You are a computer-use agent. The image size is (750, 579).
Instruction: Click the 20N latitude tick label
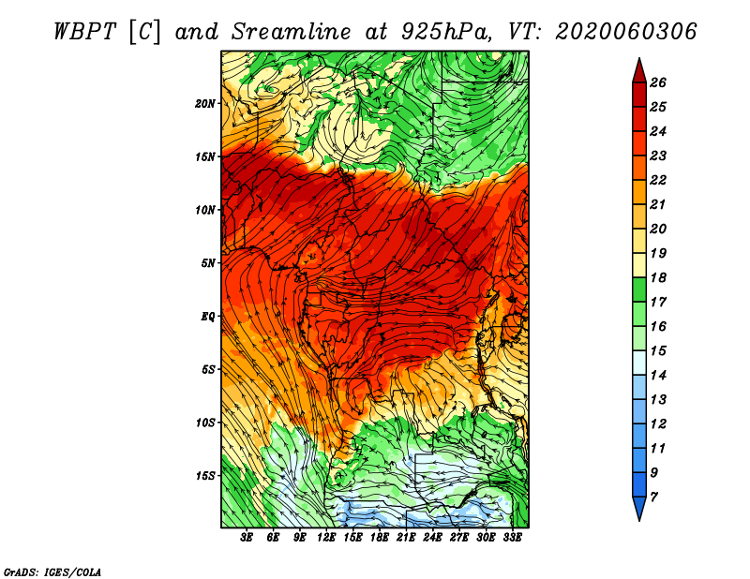(205, 104)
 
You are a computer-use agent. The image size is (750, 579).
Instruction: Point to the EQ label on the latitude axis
(207, 317)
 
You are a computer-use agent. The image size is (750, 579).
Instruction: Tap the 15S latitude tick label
(205, 476)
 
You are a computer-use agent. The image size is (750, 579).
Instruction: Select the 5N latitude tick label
(208, 263)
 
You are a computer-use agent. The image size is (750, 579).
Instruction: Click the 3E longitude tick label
(247, 538)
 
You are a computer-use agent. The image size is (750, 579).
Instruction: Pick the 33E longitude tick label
(512, 538)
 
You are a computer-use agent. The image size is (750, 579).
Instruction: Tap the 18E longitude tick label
(380, 538)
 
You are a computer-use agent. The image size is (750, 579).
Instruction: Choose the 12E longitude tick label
(326, 538)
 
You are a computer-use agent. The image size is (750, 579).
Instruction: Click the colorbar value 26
(658, 82)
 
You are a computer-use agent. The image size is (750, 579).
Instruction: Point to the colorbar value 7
(653, 497)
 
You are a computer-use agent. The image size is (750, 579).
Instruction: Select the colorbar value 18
(658, 277)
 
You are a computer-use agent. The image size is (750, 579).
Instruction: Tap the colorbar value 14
(658, 376)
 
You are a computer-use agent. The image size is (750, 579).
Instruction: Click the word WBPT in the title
(84, 32)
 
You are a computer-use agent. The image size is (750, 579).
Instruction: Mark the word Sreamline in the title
(292, 32)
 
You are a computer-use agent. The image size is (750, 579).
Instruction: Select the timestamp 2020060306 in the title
(625, 32)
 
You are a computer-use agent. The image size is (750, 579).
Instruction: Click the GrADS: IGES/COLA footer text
(52, 572)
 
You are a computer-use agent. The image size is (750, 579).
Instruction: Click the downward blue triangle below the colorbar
(639, 507)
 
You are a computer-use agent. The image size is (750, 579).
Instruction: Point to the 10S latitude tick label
(205, 423)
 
